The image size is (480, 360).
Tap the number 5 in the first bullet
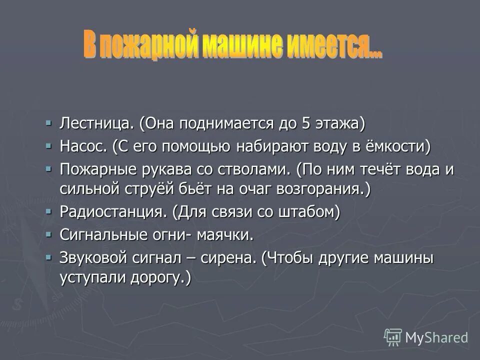coord(306,123)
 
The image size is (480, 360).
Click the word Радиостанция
coord(113,212)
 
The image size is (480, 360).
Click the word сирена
coord(230,258)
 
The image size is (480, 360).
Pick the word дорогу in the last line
coord(159,278)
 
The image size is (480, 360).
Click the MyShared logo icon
coord(393,336)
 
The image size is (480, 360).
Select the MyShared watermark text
coord(436,337)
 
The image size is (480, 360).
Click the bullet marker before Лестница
coord(48,122)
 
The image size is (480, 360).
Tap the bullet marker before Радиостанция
coord(48,211)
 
